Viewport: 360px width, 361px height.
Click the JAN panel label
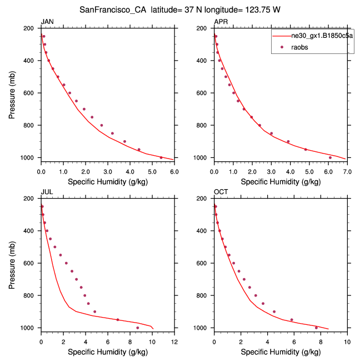point(47,22)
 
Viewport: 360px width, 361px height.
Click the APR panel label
point(221,22)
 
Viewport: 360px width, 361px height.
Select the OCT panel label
point(221,192)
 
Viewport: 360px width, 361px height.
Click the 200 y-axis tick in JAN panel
point(31,28)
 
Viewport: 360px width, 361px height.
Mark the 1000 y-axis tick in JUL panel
point(29,328)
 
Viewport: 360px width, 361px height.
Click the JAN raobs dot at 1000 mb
point(161,157)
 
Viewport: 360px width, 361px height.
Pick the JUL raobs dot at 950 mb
point(117,319)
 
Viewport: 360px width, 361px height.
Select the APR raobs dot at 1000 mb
point(330,157)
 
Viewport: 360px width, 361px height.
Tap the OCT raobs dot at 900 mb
point(274,311)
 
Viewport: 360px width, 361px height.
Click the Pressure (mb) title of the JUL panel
point(12,263)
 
